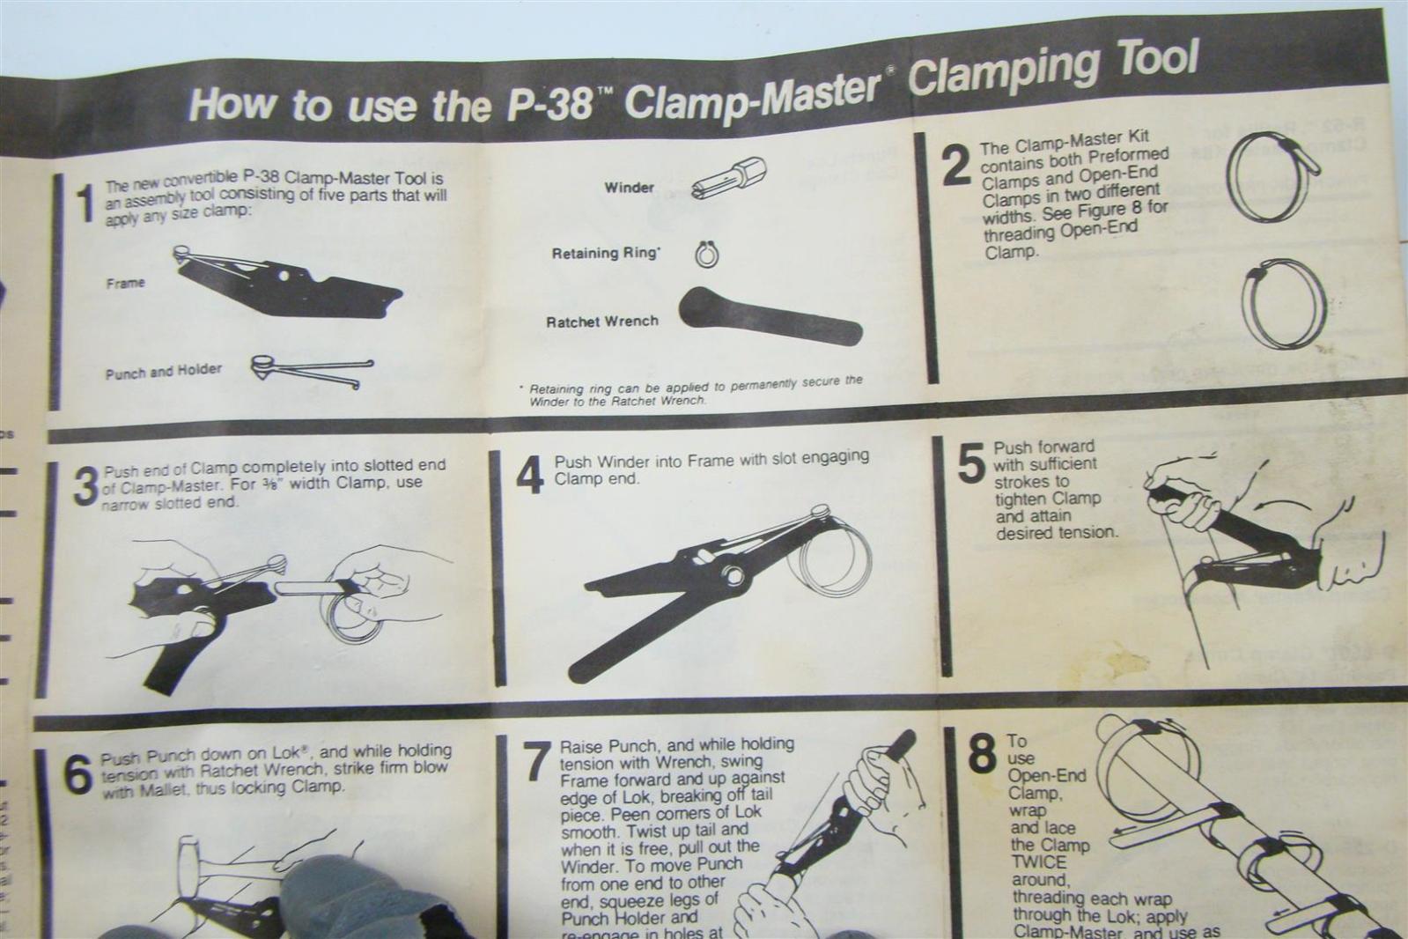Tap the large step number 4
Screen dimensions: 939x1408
pyautogui.click(x=529, y=476)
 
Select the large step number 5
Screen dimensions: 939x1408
pyautogui.click(x=970, y=463)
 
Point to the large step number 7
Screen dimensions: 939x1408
pyautogui.click(x=537, y=763)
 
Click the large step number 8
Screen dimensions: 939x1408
pyautogui.click(x=982, y=756)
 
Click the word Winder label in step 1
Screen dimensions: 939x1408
pyautogui.click(x=629, y=188)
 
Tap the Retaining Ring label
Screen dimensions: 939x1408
pyautogui.click(x=605, y=254)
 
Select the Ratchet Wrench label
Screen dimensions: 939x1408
pyautogui.click(x=601, y=322)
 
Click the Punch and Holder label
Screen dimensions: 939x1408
pyautogui.click(x=163, y=372)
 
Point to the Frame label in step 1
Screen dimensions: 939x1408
pyautogui.click(x=125, y=283)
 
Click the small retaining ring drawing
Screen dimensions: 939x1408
pyautogui.click(x=707, y=255)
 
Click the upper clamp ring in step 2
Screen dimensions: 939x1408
pyautogui.click(x=1269, y=176)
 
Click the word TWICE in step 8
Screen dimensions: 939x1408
pyautogui.click(x=1037, y=862)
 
